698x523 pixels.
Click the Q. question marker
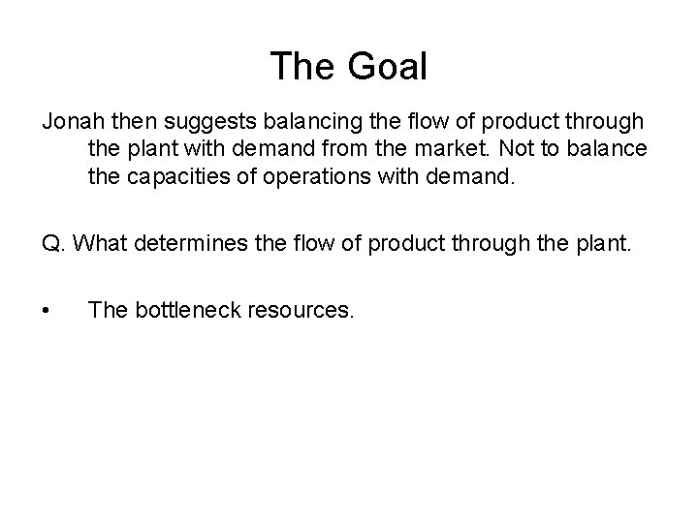coord(53,242)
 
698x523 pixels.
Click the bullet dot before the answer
coord(46,310)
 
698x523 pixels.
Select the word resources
coord(303,309)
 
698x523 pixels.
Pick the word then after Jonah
coord(128,124)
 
